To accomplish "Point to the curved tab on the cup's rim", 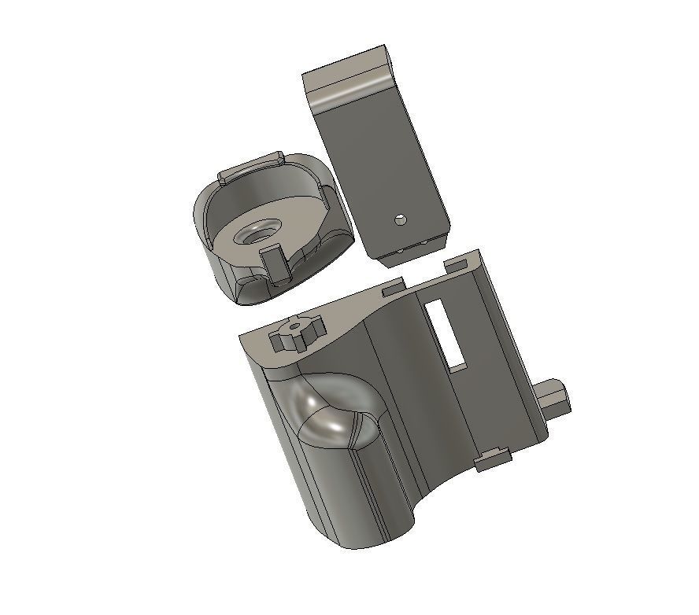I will coord(251,166).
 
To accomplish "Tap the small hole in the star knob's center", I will coord(295,327).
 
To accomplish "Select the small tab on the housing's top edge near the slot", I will coord(397,289).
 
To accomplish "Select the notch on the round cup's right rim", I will coord(325,192).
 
